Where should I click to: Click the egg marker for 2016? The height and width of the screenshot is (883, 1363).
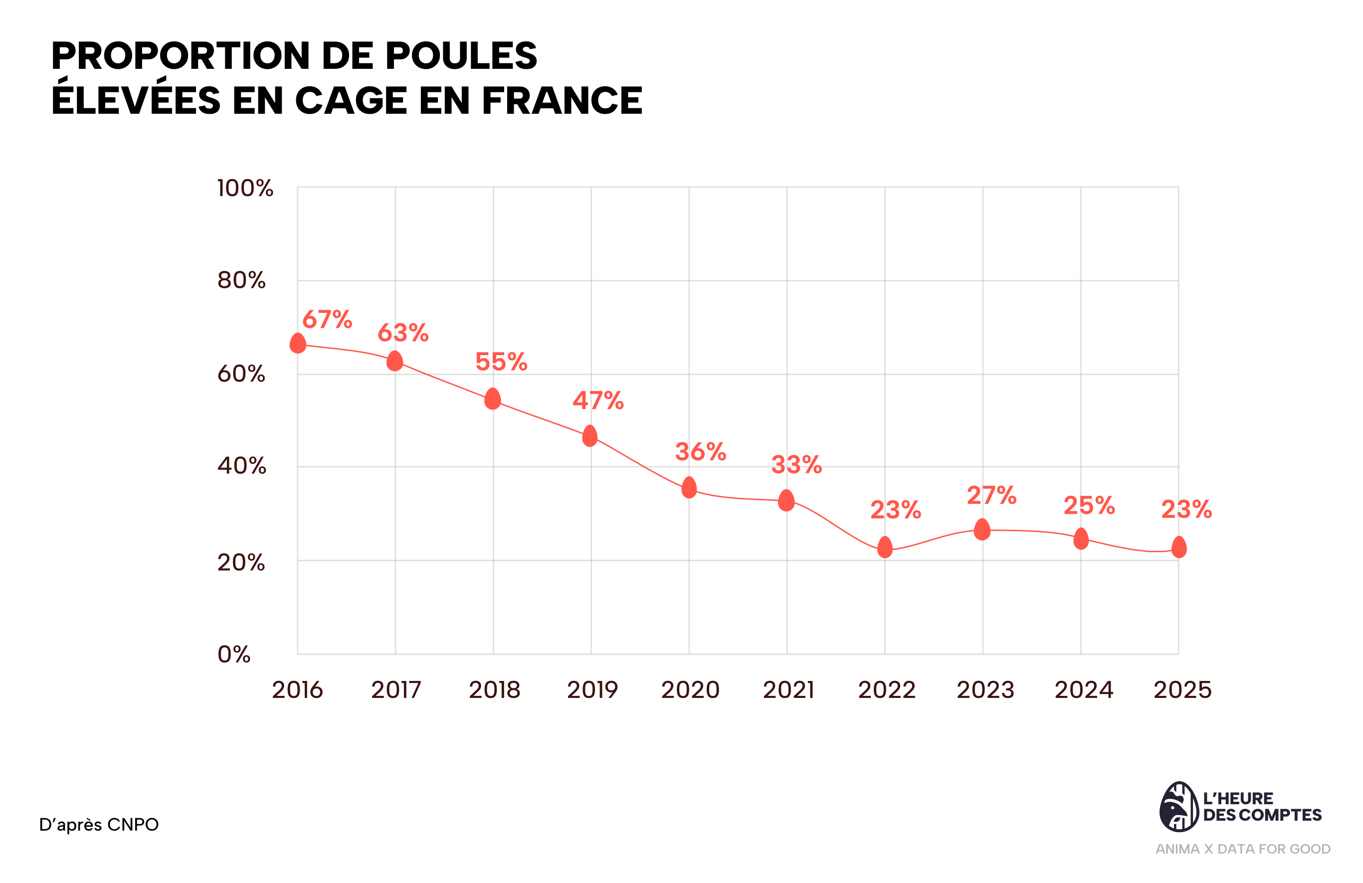point(298,343)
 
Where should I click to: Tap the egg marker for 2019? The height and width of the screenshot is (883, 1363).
point(590,436)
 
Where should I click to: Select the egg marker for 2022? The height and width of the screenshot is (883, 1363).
point(885,547)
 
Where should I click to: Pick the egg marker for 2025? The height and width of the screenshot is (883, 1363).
point(1179,547)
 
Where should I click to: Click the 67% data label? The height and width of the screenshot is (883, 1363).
point(327,320)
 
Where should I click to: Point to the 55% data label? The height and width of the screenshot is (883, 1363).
point(501,362)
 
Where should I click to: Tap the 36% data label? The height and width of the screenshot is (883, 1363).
point(700,452)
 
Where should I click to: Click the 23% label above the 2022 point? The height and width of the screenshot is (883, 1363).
point(896,510)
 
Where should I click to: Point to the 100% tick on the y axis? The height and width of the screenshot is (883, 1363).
point(245,189)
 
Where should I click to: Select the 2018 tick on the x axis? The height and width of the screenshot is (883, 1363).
point(494,690)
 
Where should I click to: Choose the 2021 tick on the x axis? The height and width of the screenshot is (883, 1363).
point(788,690)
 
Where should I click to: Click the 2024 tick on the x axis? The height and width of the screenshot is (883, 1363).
point(1084,690)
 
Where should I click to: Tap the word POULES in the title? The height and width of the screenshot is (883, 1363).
point(461,56)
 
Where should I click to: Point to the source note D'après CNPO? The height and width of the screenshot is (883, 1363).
point(99,825)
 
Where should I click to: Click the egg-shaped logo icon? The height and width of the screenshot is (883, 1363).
point(1178,807)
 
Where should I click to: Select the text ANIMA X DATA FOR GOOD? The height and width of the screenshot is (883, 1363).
point(1243,849)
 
